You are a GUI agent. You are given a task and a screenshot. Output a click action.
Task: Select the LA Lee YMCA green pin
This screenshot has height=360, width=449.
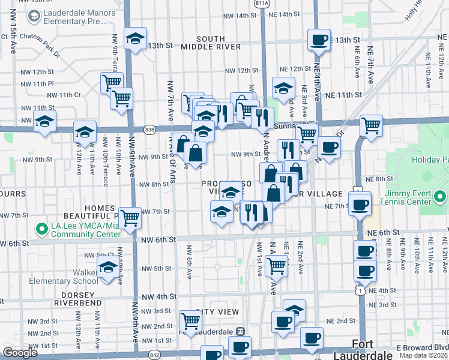(x=41, y=229)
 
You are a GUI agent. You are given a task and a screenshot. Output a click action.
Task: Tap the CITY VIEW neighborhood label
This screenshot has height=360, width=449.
(x=217, y=312)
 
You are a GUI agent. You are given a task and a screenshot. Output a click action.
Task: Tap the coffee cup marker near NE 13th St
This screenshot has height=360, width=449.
(x=319, y=40)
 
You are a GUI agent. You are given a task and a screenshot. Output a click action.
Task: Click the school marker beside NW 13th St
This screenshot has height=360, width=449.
(x=136, y=40)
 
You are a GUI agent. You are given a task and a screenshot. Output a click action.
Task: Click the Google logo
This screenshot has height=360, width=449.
(x=20, y=353)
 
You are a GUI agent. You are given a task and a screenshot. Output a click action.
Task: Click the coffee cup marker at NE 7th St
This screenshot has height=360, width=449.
(x=360, y=205)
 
